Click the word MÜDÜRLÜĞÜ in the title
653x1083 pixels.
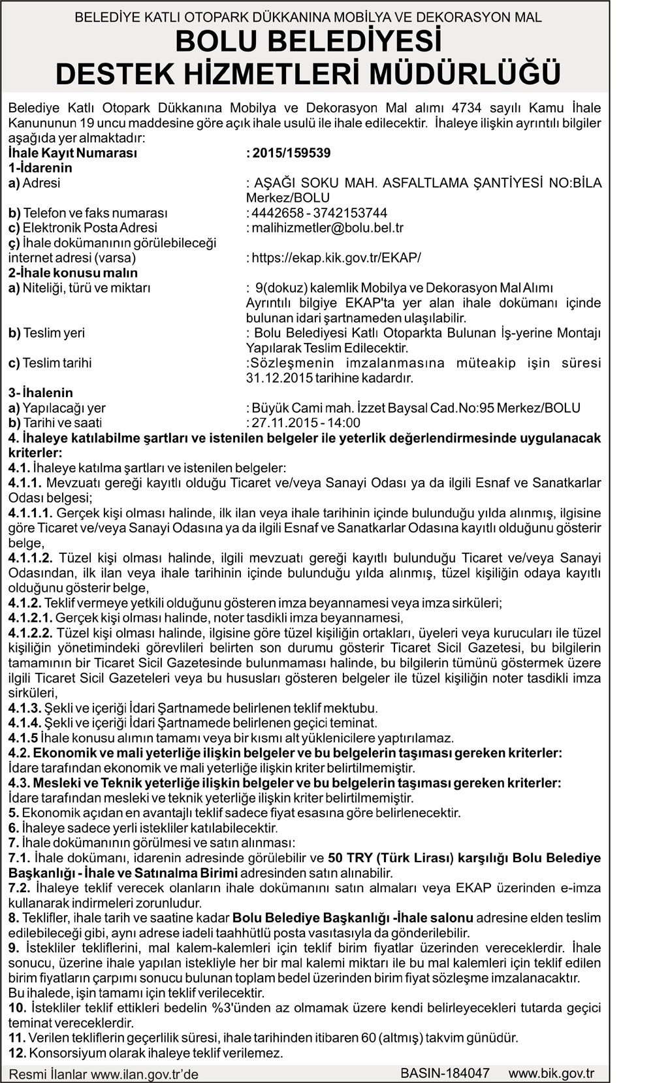466,74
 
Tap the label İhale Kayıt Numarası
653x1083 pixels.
72,154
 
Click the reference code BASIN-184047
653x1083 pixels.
445,1073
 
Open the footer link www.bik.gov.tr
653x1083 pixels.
551,1073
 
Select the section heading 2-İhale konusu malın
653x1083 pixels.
73,273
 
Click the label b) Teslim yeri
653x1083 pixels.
47,333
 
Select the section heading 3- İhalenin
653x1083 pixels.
40,393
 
